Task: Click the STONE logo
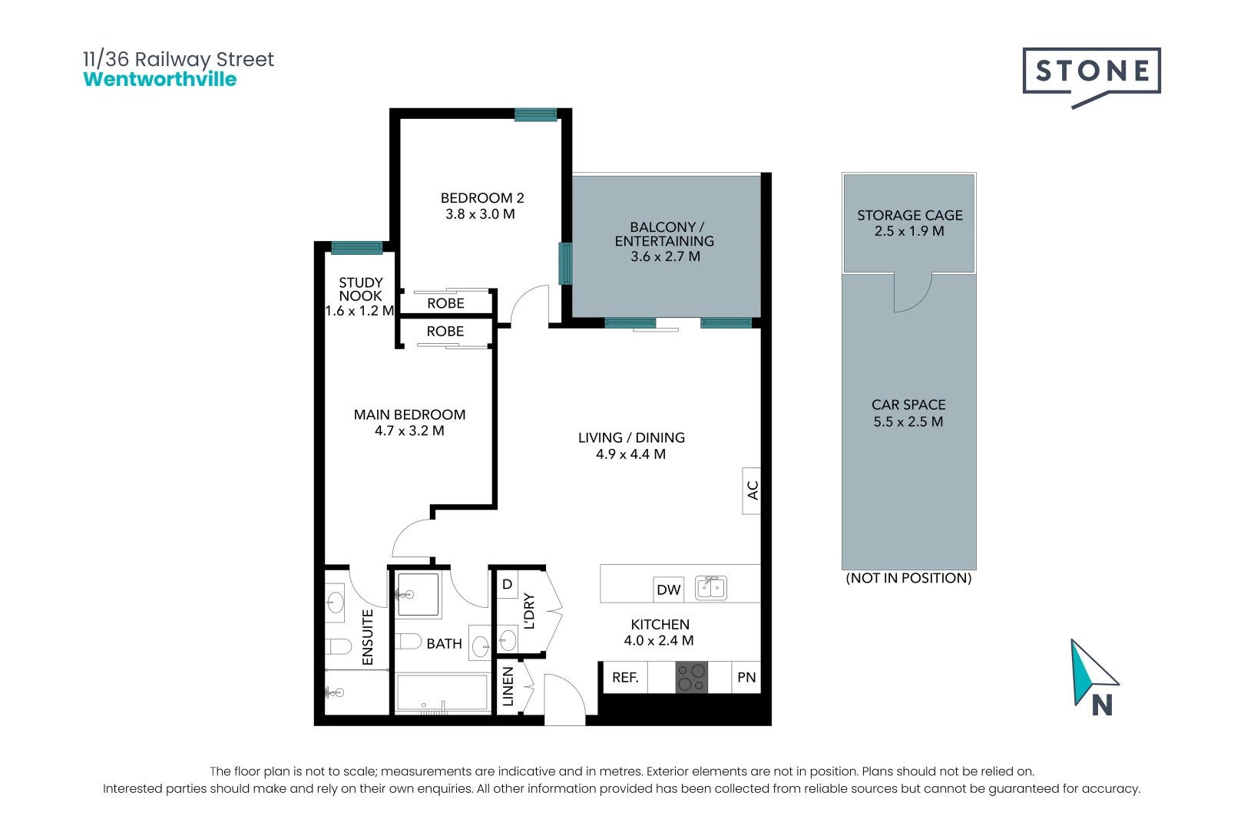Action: tap(1091, 72)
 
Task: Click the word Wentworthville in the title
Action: tap(160, 80)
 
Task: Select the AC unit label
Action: tap(753, 490)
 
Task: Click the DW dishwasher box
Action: tap(669, 590)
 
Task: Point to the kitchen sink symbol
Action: tap(711, 588)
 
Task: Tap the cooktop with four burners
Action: tap(691, 677)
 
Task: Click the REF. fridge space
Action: tap(625, 678)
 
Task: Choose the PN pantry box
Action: tap(746, 678)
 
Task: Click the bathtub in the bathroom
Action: tap(442, 693)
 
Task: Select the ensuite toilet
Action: tap(337, 646)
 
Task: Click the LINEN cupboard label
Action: tap(508, 686)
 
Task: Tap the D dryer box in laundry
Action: tap(507, 585)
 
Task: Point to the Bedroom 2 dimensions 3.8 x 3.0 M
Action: tap(480, 215)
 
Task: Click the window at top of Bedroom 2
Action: tap(535, 115)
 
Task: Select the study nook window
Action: tap(356, 248)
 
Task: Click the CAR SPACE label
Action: tap(908, 405)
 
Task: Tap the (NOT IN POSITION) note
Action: tap(908, 578)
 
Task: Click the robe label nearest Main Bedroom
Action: tap(445, 332)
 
